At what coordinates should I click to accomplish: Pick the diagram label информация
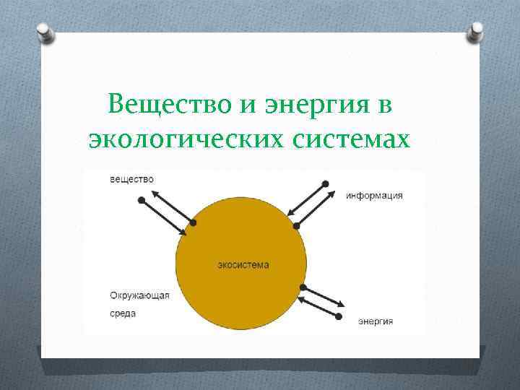click(374, 196)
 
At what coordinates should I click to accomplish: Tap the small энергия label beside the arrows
click(376, 321)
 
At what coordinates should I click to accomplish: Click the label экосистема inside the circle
click(243, 265)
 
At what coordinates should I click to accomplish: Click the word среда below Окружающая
click(123, 314)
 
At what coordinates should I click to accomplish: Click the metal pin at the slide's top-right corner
click(476, 30)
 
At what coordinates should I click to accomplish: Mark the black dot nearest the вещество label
click(138, 200)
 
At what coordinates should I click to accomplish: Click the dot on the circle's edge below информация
click(296, 226)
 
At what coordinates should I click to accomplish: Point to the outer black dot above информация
click(326, 183)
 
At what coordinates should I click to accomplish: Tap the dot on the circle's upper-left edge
click(192, 222)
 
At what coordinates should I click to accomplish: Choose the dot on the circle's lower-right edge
click(303, 288)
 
